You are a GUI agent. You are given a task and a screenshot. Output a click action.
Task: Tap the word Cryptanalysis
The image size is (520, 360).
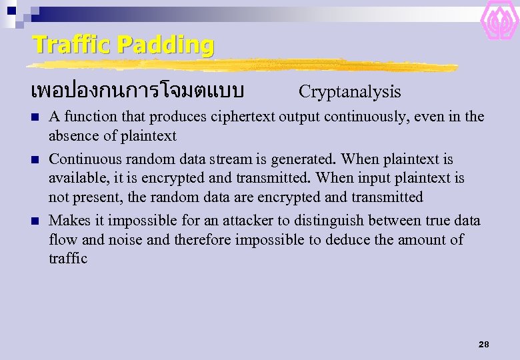(349, 92)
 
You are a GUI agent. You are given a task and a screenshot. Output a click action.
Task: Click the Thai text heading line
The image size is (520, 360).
(137, 90)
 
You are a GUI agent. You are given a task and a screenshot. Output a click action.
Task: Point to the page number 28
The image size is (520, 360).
(483, 344)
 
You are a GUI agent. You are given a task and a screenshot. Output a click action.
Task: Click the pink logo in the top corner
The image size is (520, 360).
(499, 20)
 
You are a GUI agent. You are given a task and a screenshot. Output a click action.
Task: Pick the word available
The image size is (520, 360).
(75, 178)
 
